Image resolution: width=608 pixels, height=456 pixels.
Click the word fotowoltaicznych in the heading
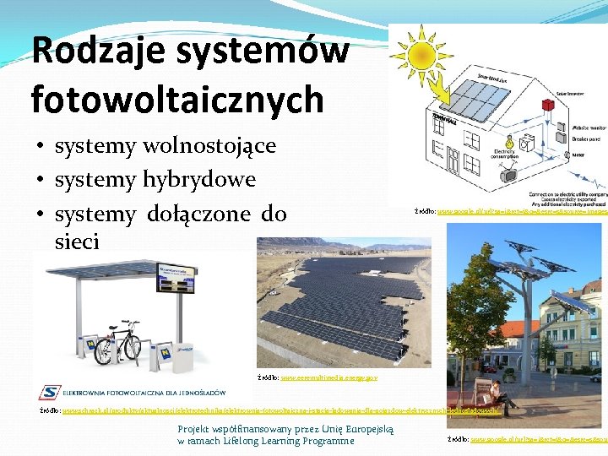coord(177,99)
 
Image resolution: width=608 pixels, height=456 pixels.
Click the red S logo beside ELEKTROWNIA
coord(49,392)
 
